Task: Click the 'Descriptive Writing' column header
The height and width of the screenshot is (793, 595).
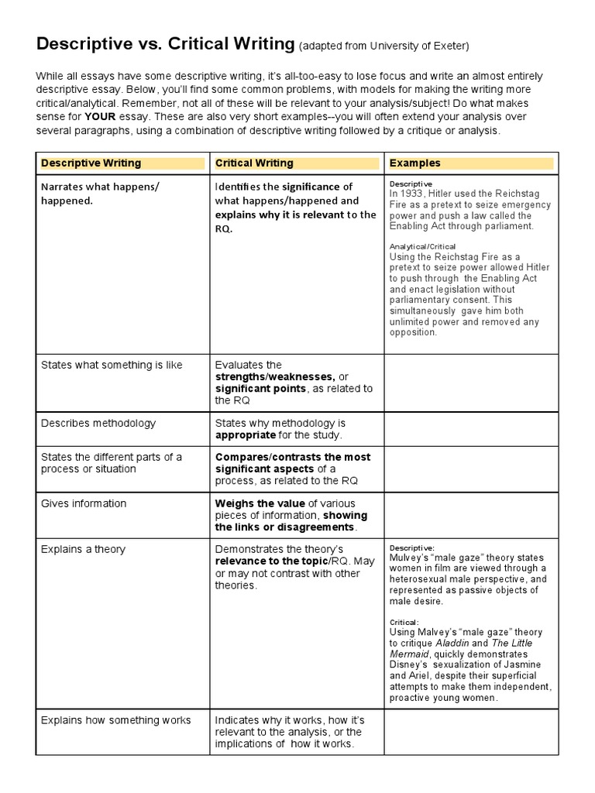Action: (x=91, y=163)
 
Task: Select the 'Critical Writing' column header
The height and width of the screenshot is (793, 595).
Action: (x=254, y=163)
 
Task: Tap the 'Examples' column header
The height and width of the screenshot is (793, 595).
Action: (x=414, y=163)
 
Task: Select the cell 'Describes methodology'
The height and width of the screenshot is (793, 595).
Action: (x=98, y=424)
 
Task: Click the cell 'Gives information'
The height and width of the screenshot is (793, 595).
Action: (x=84, y=503)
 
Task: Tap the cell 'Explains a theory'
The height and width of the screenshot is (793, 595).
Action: (x=83, y=550)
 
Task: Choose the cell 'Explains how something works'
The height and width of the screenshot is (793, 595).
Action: (x=115, y=720)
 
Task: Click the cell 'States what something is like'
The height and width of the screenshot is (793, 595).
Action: (x=112, y=365)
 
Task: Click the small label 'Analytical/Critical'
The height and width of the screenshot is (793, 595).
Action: (x=423, y=246)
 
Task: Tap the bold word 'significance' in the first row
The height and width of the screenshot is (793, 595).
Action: (x=310, y=187)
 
